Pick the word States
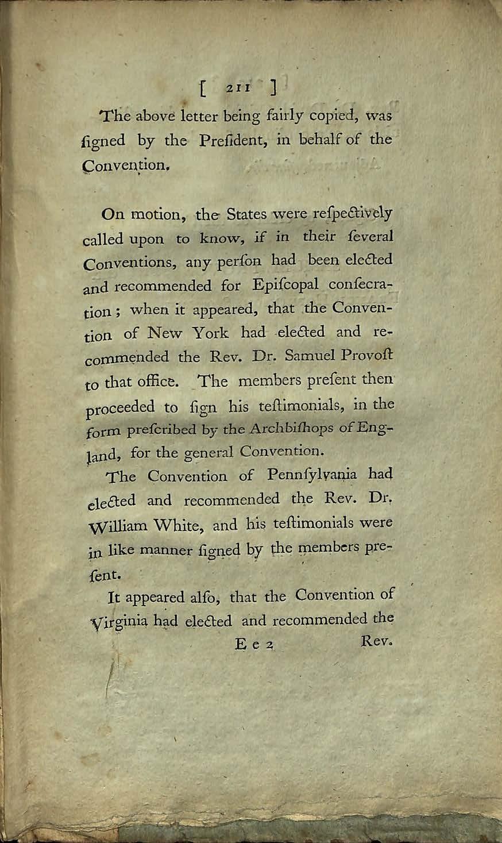click(x=246, y=215)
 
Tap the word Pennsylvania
click(x=311, y=475)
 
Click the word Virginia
click(x=115, y=622)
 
